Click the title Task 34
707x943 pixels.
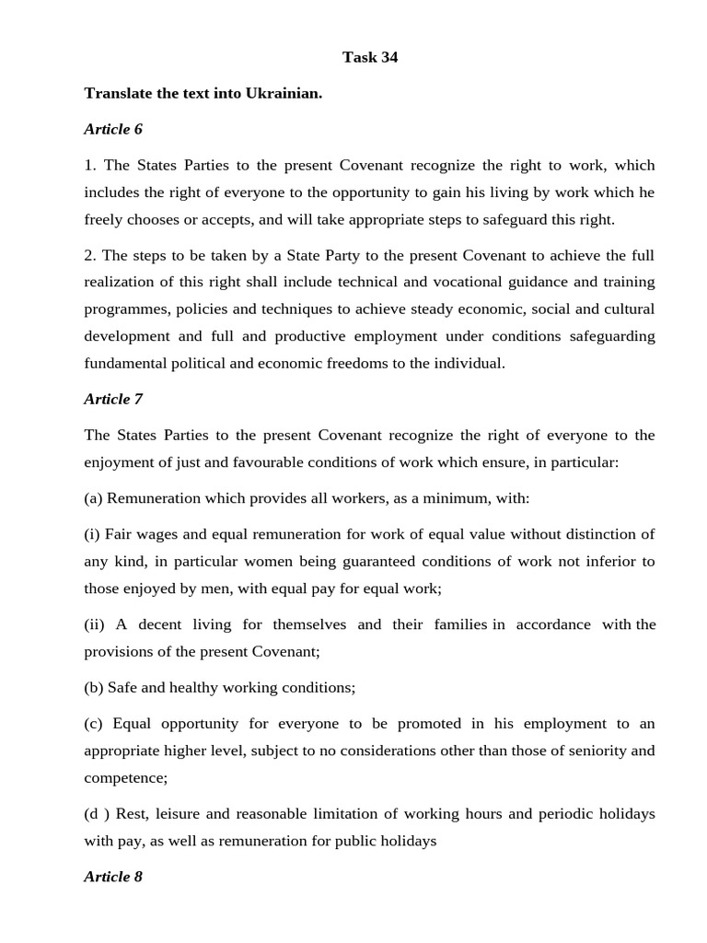point(370,57)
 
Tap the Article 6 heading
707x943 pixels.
point(113,129)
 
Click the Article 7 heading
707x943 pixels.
point(113,399)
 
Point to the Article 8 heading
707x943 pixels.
point(113,877)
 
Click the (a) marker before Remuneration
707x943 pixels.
point(93,498)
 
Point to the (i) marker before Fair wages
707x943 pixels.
point(92,534)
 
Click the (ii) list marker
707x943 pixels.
point(95,624)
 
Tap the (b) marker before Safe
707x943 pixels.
point(94,688)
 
